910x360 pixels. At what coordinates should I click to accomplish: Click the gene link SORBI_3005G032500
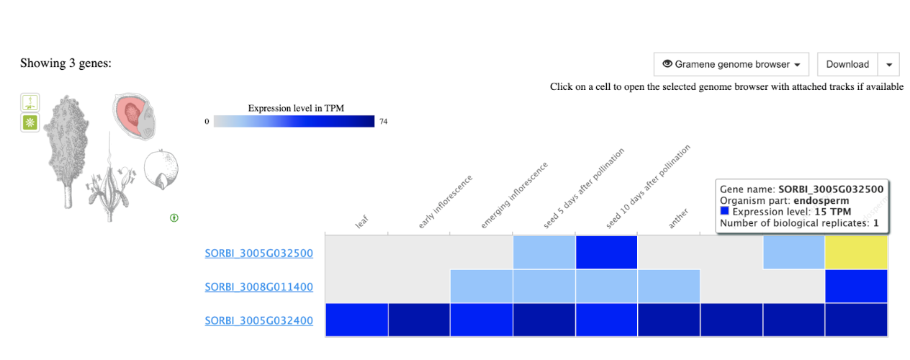click(x=259, y=253)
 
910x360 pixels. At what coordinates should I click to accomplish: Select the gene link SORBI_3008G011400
click(x=259, y=287)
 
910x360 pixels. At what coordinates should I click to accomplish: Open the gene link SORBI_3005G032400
click(x=259, y=320)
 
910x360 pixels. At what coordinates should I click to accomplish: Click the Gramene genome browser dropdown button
click(x=731, y=64)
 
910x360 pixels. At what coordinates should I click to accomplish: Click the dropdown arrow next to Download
click(x=890, y=64)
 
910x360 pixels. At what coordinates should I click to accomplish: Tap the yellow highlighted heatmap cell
click(x=856, y=252)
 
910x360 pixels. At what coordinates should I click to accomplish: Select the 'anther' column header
click(x=678, y=217)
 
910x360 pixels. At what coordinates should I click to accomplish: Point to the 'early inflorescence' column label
click(x=445, y=202)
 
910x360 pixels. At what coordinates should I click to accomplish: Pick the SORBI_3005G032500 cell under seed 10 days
click(x=606, y=252)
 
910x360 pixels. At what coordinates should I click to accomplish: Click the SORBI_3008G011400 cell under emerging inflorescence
click(x=481, y=286)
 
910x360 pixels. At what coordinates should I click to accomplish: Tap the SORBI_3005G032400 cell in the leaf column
click(x=356, y=320)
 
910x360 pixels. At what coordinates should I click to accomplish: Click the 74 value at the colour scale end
click(x=384, y=122)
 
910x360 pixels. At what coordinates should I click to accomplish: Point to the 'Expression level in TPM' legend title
click(x=296, y=108)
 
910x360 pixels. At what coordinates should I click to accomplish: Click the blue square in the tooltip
click(x=724, y=212)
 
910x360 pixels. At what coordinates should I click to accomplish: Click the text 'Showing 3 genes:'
click(x=66, y=63)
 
